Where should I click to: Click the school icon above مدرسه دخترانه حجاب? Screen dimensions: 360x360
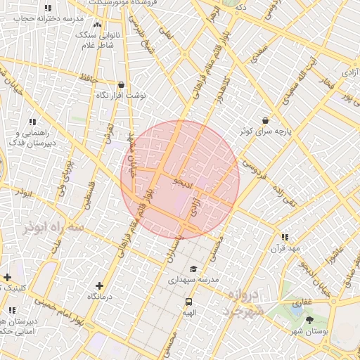click(x=48, y=8)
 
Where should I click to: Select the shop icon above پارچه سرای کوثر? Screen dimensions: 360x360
click(x=264, y=120)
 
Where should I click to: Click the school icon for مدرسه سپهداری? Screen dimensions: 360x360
click(x=193, y=269)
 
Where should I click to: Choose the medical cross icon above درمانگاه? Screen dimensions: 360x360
click(x=99, y=285)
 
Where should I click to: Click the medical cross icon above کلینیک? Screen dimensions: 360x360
click(x=7, y=277)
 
